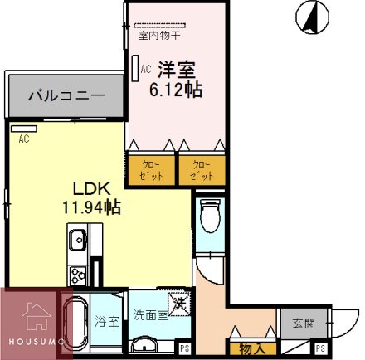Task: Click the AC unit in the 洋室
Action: pos(135,69)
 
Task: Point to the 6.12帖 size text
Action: pos(175,89)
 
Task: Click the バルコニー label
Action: pos(65,95)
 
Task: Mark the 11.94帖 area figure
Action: pos(90,207)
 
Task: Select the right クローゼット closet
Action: pos(200,169)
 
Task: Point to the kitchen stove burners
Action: pos(77,274)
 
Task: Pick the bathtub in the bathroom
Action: pos(74,324)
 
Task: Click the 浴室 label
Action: pos(106,320)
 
